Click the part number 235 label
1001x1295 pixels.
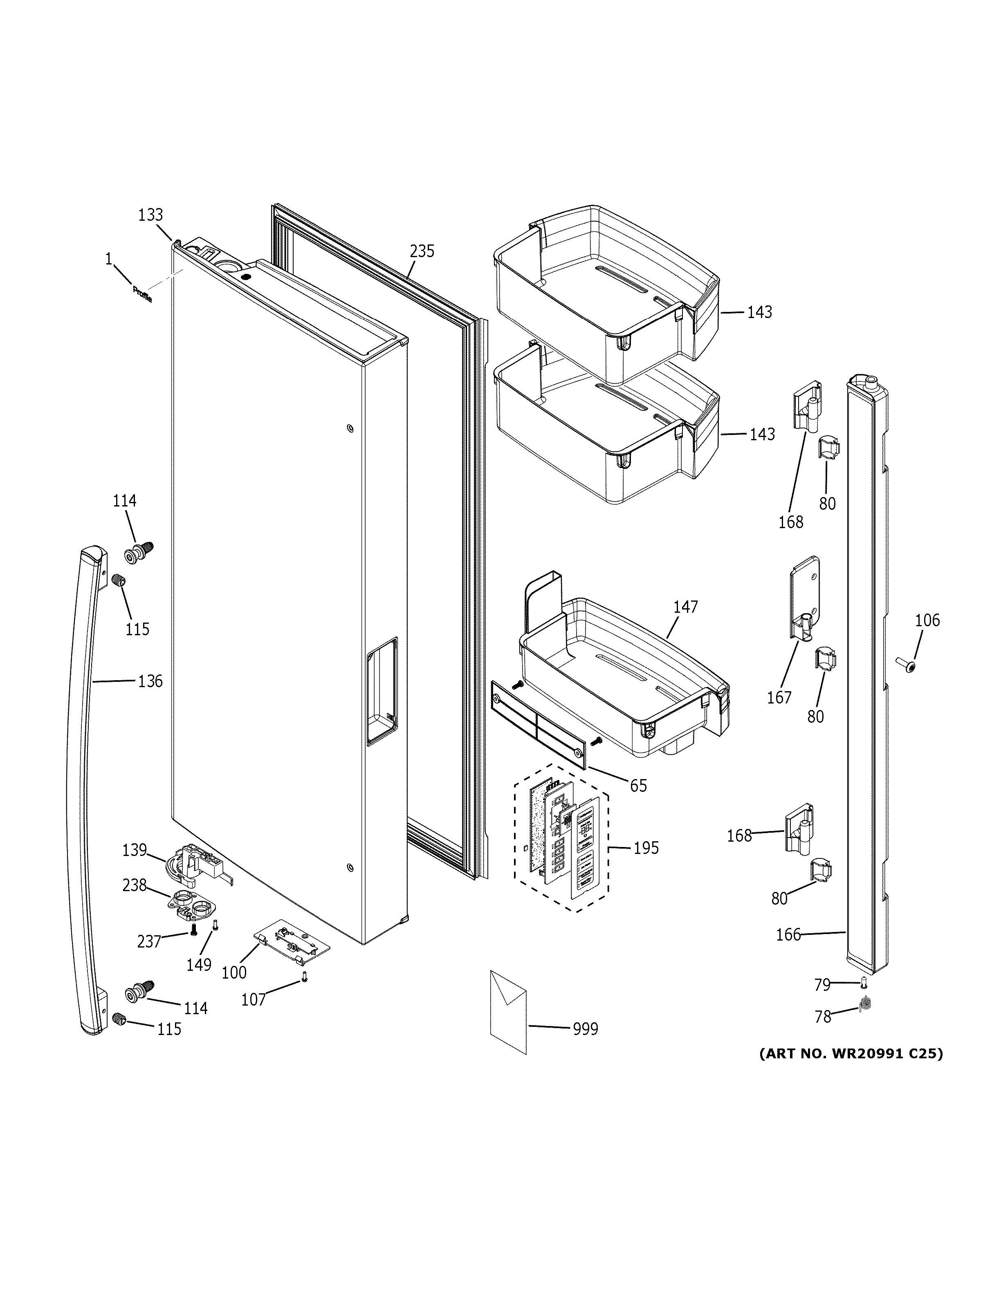pyautogui.click(x=422, y=251)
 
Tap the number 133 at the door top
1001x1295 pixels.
pyautogui.click(x=150, y=215)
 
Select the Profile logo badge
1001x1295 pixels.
pyautogui.click(x=142, y=294)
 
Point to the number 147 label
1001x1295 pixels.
pyautogui.click(x=685, y=607)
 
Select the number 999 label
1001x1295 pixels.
pyautogui.click(x=585, y=1029)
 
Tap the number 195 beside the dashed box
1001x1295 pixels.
pyautogui.click(x=646, y=848)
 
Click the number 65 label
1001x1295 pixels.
pyautogui.click(x=638, y=786)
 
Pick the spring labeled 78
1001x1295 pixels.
pyautogui.click(x=864, y=1004)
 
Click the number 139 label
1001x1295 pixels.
pyautogui.click(x=134, y=850)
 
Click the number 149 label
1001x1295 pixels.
pyautogui.click(x=199, y=965)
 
